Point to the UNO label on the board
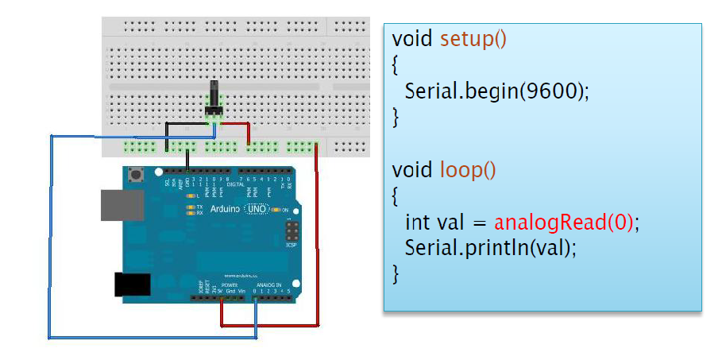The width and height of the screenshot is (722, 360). pos(257,209)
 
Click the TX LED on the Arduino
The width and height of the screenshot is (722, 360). pos(191,207)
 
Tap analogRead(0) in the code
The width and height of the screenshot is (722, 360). pos(564,222)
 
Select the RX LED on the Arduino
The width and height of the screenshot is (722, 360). pos(191,213)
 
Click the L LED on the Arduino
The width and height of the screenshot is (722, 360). pos(191,195)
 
